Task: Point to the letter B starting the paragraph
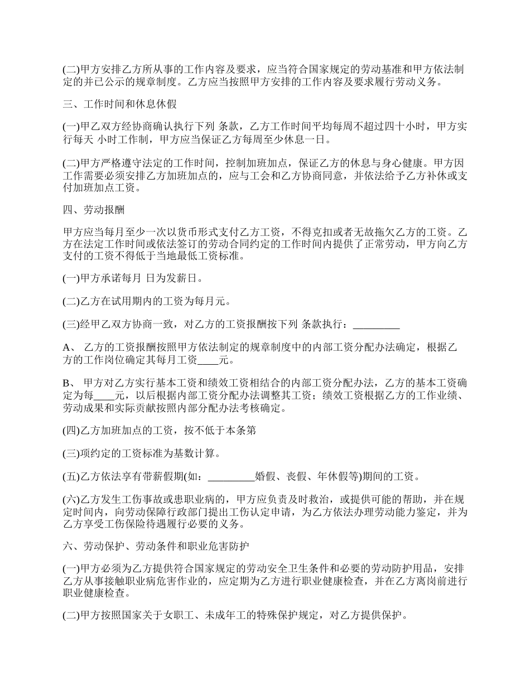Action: coord(66,384)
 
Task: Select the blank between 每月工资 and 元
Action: coord(209,360)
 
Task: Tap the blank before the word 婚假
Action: coord(230,476)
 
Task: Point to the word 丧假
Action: coord(296,476)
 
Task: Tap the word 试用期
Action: coord(124,301)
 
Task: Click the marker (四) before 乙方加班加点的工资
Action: coord(71,430)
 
